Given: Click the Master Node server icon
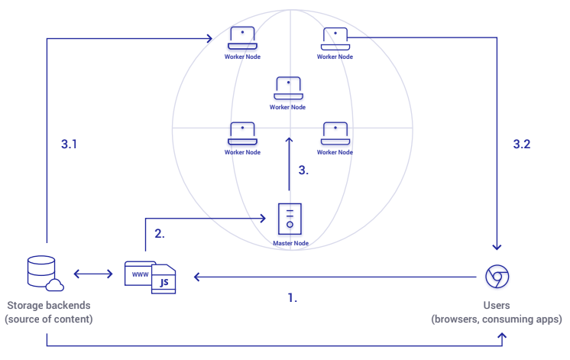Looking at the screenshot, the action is click(290, 219).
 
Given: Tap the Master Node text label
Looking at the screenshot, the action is click(291, 243).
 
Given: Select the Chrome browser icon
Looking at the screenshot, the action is click(497, 277).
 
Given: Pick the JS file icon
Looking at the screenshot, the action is click(164, 279).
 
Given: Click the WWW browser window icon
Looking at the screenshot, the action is click(141, 274).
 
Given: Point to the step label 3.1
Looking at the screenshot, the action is click(69, 144).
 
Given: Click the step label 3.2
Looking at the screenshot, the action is click(522, 144).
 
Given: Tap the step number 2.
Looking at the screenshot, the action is click(160, 233).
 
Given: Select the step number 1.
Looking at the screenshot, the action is click(293, 298).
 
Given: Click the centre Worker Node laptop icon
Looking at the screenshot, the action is click(288, 88).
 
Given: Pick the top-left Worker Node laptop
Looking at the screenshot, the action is click(242, 37).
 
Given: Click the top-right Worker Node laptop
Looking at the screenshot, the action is click(335, 38).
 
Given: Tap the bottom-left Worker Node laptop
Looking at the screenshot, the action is click(242, 134).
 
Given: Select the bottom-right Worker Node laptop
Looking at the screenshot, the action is click(335, 134).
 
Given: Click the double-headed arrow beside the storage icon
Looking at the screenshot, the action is click(93, 274).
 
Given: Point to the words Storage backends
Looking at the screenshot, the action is click(49, 306).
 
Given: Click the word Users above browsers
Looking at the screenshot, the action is click(497, 306).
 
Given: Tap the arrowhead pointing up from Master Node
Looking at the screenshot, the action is click(289, 141).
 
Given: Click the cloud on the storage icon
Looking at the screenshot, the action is click(55, 285).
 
